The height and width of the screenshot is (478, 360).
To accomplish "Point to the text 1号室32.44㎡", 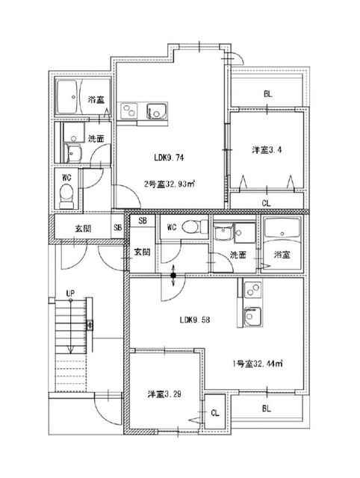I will click(x=261, y=364).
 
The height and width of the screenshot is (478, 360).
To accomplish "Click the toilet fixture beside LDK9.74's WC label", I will click(x=66, y=196).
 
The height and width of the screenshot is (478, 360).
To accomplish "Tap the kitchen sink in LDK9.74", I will click(x=156, y=112).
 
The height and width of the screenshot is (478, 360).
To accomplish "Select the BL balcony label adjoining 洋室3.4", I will click(x=266, y=95).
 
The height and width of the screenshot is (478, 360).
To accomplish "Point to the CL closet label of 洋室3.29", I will click(x=214, y=412).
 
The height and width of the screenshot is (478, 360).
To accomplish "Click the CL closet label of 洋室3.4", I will click(x=266, y=202).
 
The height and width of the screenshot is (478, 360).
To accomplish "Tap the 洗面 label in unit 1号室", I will click(x=237, y=255).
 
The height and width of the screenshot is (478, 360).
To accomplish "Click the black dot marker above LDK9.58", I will click(x=173, y=276).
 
